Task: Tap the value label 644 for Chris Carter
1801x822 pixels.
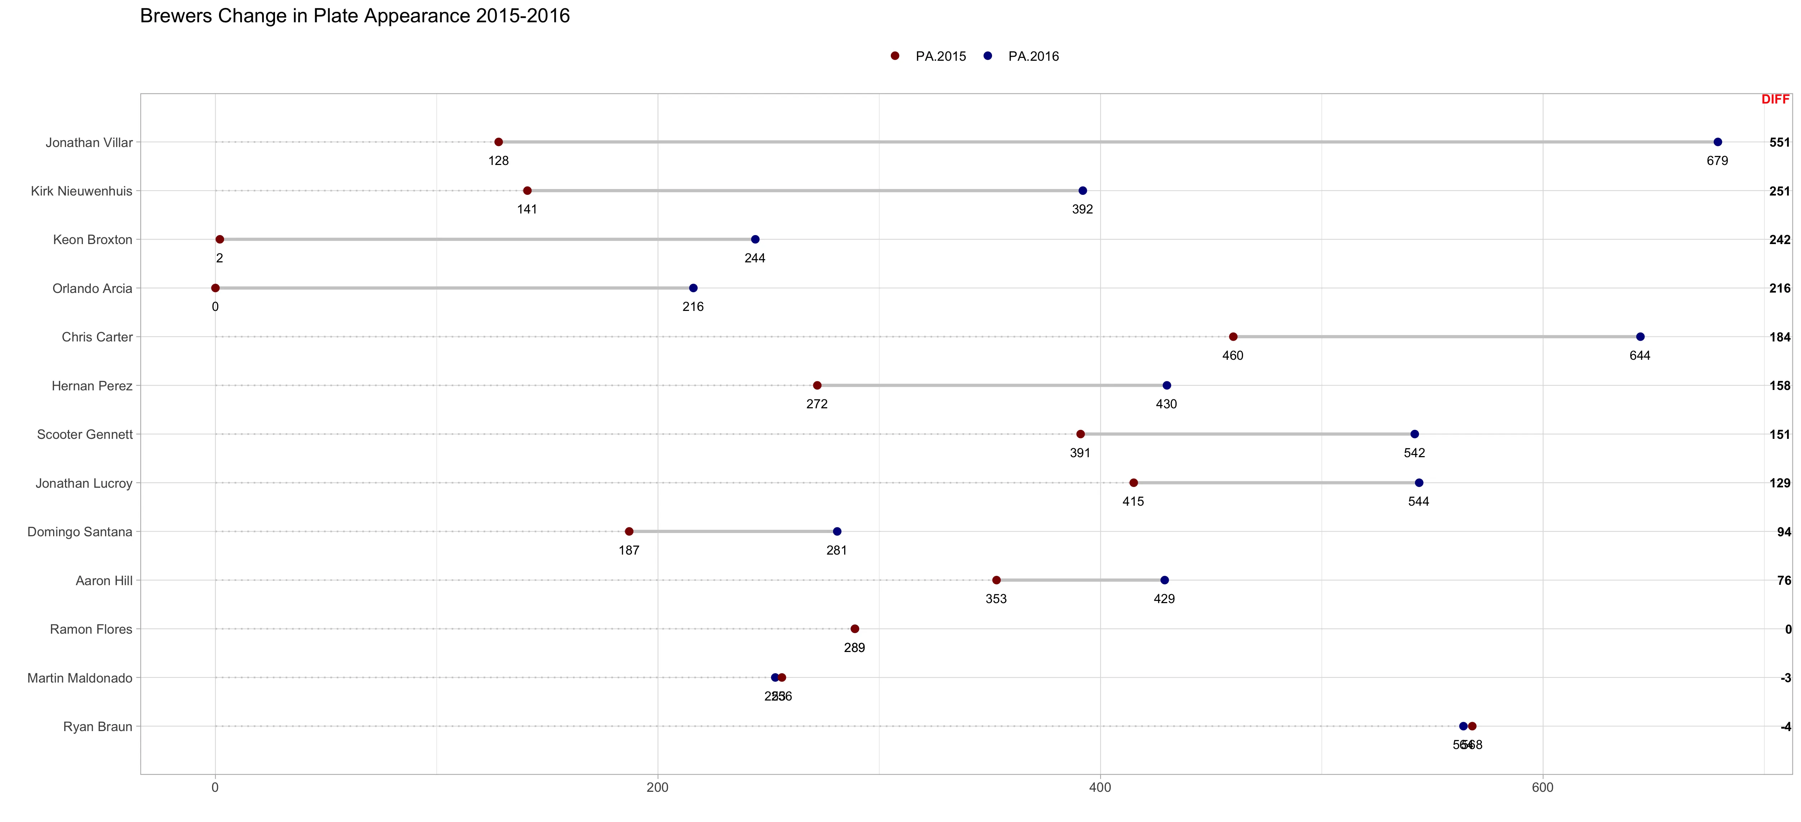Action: click(x=1639, y=355)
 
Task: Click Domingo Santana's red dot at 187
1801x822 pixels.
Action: click(x=629, y=532)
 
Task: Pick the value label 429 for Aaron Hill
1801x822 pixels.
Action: click(x=1164, y=599)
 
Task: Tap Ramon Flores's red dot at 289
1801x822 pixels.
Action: click(x=854, y=629)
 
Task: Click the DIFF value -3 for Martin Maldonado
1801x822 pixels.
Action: click(x=1785, y=678)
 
